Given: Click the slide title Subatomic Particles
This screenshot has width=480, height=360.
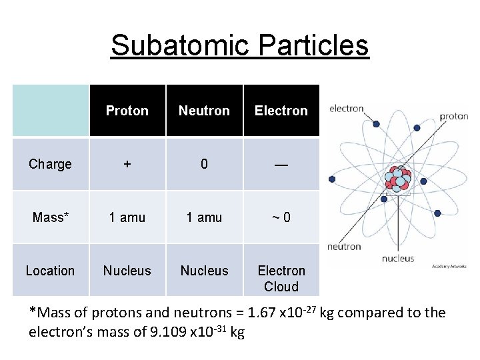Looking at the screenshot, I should click(239, 45).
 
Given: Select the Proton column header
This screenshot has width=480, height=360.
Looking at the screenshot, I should click(127, 111).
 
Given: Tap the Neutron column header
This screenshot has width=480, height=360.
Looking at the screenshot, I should click(204, 111).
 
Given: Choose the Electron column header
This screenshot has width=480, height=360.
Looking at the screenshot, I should click(281, 111).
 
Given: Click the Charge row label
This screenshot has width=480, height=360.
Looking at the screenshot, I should click(50, 164).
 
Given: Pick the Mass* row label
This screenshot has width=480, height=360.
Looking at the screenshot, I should click(50, 217).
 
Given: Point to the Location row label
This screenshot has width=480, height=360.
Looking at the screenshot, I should click(50, 271).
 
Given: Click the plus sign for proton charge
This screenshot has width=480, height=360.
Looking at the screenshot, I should click(127, 164).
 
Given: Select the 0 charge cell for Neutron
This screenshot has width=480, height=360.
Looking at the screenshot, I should click(204, 164).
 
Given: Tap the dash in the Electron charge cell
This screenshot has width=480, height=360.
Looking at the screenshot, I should click(281, 164).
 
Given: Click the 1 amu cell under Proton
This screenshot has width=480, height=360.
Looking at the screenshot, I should click(127, 217).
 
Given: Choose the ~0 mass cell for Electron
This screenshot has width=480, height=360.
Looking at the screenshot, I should click(281, 217).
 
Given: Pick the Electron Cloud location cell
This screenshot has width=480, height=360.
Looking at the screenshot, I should click(281, 279).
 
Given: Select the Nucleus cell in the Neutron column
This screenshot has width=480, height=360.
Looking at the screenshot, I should click(204, 271).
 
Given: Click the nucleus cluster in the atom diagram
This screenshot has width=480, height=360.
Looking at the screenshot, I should click(398, 179).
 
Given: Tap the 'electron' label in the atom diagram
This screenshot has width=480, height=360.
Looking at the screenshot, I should click(347, 109).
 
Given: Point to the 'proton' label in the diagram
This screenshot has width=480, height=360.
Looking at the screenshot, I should click(453, 116).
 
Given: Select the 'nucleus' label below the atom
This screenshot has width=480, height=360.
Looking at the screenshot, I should click(398, 259).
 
